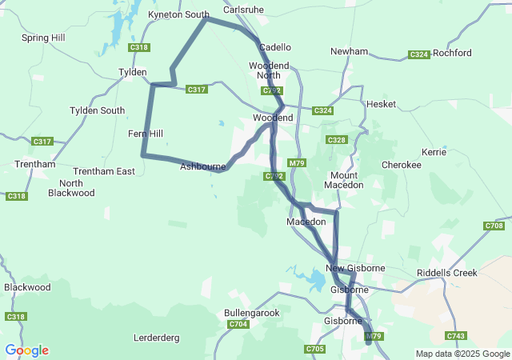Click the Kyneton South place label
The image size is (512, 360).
178,14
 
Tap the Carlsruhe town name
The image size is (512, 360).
242,11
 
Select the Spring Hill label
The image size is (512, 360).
43,38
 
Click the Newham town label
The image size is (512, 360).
349,51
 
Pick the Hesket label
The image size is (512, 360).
381,104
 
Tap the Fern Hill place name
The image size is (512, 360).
145,134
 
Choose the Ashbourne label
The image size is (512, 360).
202,166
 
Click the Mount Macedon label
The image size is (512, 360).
344,180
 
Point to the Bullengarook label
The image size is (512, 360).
252,313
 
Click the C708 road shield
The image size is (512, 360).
494,226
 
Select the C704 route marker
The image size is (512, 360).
238,324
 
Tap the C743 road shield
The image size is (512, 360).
456,336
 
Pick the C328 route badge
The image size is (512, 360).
336,140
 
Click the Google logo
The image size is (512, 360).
26,350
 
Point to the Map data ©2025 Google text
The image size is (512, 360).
462,354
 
